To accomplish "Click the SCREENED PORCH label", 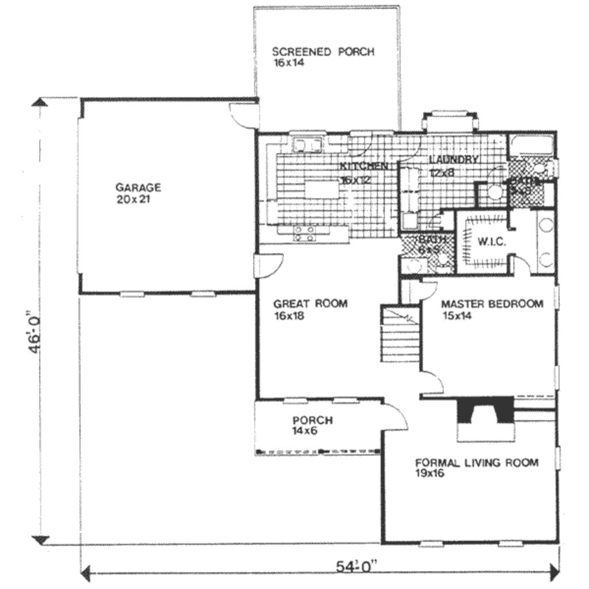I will click(x=323, y=52).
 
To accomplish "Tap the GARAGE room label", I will click(x=138, y=187).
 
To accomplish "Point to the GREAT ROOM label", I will click(x=310, y=304).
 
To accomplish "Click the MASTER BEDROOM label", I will click(x=491, y=304).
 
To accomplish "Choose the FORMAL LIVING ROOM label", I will click(x=477, y=462).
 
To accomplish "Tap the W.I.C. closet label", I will click(x=491, y=242).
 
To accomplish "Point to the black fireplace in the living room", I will click(x=484, y=410).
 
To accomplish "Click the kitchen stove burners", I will click(x=304, y=233).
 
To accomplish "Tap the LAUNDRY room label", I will click(x=454, y=159).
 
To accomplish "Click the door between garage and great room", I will click(x=266, y=266).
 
